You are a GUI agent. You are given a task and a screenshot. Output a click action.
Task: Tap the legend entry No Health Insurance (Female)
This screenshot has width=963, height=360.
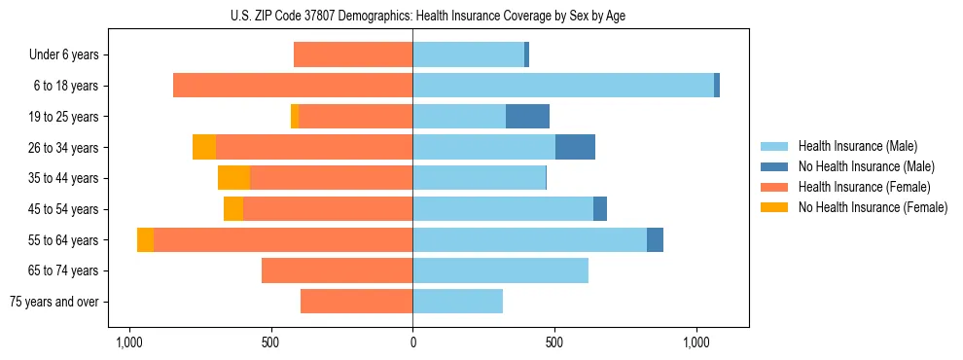(x=873, y=207)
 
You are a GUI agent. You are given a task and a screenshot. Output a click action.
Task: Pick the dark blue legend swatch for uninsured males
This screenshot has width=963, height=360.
(x=775, y=166)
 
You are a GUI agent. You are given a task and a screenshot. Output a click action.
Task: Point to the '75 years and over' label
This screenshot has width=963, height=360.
(x=53, y=302)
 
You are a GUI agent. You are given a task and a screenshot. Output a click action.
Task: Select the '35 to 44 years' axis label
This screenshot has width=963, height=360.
(x=60, y=178)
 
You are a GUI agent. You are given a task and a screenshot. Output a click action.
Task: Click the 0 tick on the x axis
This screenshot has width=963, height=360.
(x=412, y=342)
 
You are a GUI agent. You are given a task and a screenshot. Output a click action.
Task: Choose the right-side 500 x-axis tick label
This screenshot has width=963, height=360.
(x=554, y=342)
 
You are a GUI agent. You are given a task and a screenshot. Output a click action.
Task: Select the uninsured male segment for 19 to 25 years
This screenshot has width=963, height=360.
(x=527, y=117)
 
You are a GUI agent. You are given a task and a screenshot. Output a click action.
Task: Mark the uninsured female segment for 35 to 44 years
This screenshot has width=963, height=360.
(x=233, y=178)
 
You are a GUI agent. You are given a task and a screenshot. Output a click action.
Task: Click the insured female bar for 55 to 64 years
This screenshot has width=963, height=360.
(x=282, y=239)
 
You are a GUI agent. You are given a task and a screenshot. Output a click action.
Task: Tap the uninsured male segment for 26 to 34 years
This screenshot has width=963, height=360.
(x=575, y=147)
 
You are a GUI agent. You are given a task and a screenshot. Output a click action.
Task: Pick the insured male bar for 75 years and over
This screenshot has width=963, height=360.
(x=457, y=302)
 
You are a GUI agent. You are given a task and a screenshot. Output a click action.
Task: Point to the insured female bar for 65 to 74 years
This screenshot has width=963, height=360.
(x=337, y=270)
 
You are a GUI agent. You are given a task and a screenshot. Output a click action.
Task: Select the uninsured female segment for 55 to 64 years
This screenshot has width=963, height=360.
(x=145, y=239)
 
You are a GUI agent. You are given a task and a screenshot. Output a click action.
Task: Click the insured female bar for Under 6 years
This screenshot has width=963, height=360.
(x=353, y=55)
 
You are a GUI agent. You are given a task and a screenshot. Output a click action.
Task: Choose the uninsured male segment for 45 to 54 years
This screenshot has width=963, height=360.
(x=600, y=209)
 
